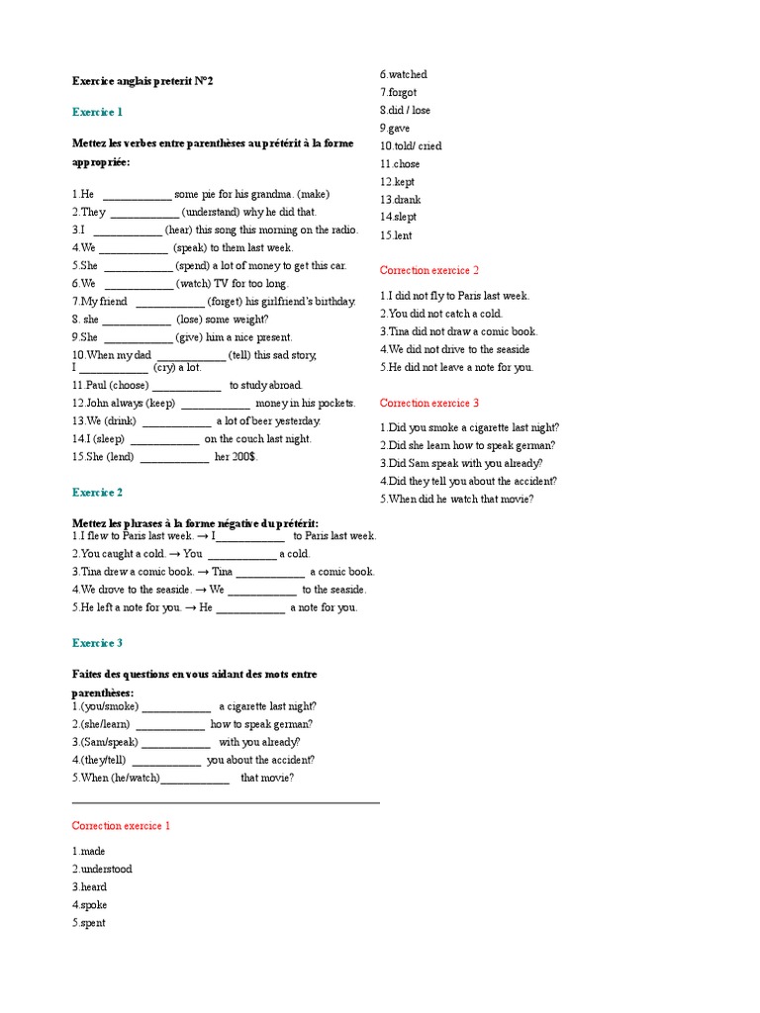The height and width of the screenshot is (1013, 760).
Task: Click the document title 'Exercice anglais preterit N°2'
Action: tap(142, 81)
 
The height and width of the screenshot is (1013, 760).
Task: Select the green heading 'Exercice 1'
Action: tap(97, 112)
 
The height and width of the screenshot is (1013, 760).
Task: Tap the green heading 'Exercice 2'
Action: tap(97, 492)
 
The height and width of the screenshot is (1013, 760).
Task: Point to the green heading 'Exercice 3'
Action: tap(97, 643)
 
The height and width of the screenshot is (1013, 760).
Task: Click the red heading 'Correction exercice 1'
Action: tap(121, 825)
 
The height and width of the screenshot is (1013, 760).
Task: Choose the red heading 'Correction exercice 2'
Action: tap(429, 270)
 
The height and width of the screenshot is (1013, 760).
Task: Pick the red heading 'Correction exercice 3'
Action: tap(429, 403)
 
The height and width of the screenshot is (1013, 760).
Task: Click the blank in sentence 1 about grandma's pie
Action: tap(137, 195)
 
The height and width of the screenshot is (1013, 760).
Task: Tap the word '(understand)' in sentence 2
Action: tap(211, 212)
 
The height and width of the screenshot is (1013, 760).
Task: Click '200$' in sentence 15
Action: tap(242, 457)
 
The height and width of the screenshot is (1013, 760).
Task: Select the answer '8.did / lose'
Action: tap(405, 110)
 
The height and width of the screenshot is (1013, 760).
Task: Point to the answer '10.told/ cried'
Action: tap(411, 145)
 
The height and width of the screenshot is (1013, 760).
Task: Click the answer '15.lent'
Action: tap(396, 235)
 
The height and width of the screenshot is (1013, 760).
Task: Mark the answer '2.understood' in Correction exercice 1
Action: tap(102, 869)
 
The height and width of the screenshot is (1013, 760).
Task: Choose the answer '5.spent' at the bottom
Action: tap(89, 923)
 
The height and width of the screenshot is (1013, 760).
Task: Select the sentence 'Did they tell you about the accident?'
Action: tap(468, 481)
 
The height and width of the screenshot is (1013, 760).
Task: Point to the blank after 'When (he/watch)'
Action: tap(195, 779)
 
